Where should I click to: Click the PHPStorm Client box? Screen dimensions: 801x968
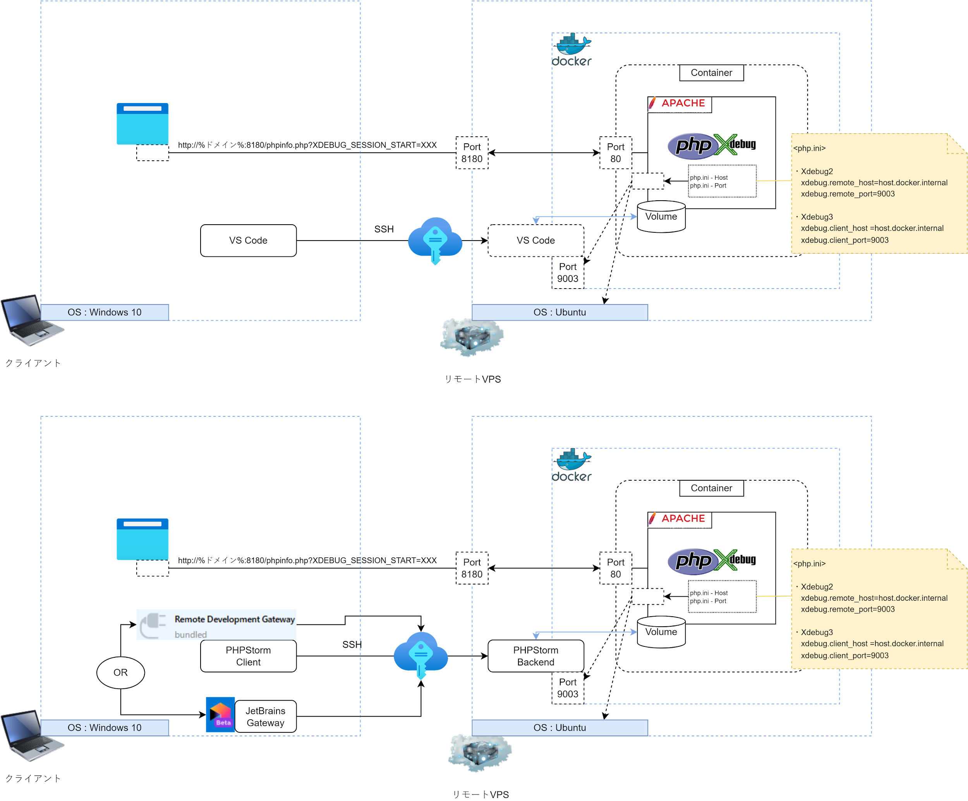coord(249,656)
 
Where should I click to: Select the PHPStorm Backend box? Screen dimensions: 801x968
coord(535,656)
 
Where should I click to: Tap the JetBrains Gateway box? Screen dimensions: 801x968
coord(265,717)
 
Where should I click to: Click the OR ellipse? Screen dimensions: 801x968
coord(120,672)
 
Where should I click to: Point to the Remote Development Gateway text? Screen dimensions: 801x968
coord(234,619)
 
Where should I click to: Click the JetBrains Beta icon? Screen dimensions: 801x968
coord(220,714)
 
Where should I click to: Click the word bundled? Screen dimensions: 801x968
coord(191,634)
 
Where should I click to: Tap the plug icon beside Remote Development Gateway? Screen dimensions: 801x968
coord(153,624)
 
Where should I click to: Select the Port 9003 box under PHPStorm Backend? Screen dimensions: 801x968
coord(567,688)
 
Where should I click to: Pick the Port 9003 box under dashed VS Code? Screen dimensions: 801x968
coord(567,273)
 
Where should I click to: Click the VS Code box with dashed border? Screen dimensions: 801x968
coord(535,240)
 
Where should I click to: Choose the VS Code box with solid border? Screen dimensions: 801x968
coord(249,240)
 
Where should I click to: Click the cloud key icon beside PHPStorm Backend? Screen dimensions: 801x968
coord(420,655)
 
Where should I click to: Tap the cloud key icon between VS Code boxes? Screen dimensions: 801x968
coord(435,240)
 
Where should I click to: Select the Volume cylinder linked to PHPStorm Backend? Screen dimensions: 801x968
coord(661,632)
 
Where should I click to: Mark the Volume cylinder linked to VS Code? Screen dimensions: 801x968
coord(661,216)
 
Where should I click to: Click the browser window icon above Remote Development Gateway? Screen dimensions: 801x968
coord(142,539)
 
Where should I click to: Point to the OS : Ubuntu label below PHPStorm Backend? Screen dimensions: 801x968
coord(560,728)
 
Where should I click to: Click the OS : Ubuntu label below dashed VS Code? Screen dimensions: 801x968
coord(560,312)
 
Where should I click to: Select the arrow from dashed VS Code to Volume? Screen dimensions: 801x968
coord(585,216)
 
